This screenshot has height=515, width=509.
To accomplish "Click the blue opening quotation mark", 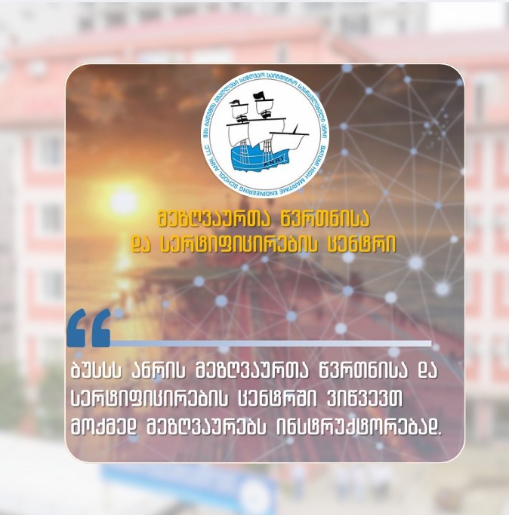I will [89, 328].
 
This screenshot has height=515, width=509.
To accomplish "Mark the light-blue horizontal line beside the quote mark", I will [272, 343].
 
